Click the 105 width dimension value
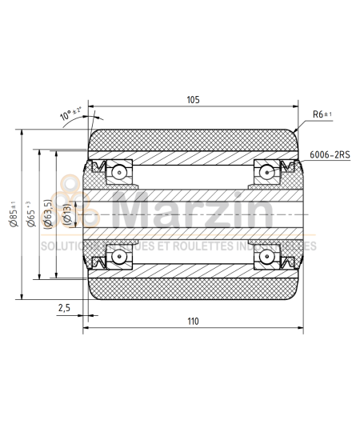192,100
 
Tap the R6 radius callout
322,114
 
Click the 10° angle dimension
70,114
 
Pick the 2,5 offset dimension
65,308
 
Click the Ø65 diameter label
31,214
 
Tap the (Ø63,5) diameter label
48,214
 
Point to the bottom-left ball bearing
119,258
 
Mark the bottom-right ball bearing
265,258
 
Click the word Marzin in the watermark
192,212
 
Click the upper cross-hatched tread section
192,142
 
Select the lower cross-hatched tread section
192,286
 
